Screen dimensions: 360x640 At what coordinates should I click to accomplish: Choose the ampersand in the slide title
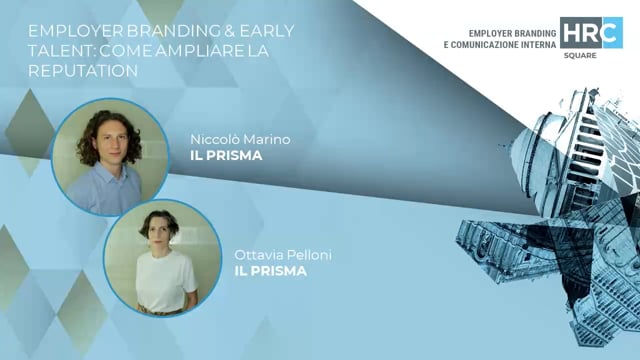tap(206, 32)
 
